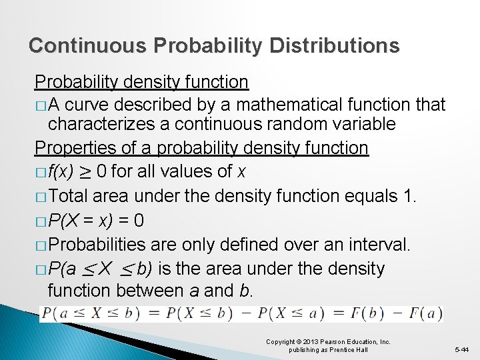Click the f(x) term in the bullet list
65,172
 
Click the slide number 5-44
462,349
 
